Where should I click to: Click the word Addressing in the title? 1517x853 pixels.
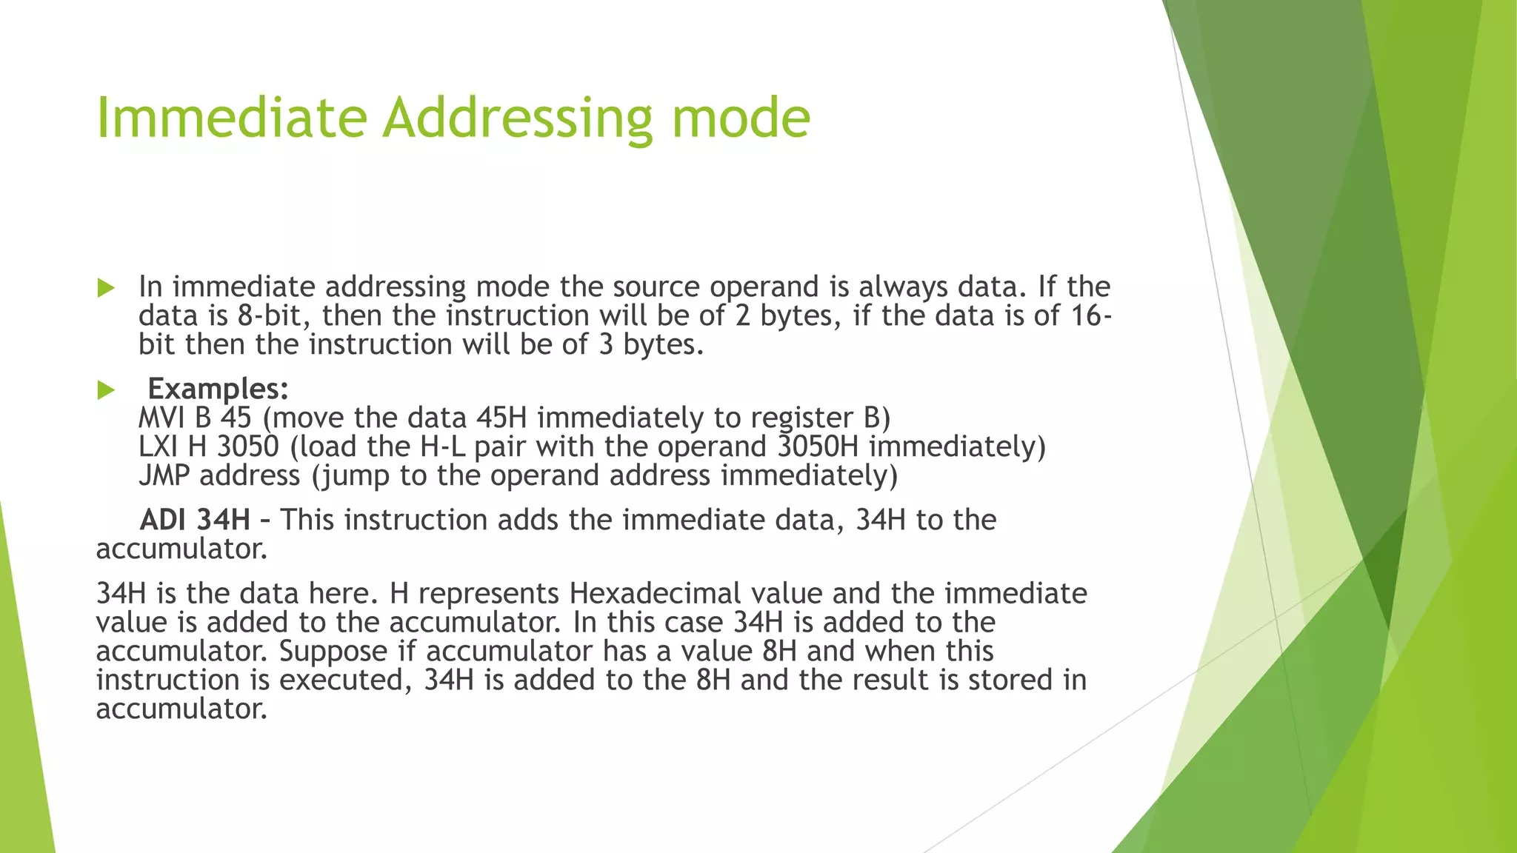pyautogui.click(x=517, y=118)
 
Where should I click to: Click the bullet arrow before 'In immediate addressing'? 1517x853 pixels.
pyautogui.click(x=107, y=288)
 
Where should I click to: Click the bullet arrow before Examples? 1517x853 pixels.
pyautogui.click(x=107, y=390)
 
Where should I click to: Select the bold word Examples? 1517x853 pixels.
pyautogui.click(x=218, y=389)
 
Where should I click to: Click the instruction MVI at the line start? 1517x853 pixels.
pyautogui.click(x=161, y=418)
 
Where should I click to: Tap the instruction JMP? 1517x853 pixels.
pyautogui.click(x=164, y=476)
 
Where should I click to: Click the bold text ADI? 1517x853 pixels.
pyautogui.click(x=162, y=520)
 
